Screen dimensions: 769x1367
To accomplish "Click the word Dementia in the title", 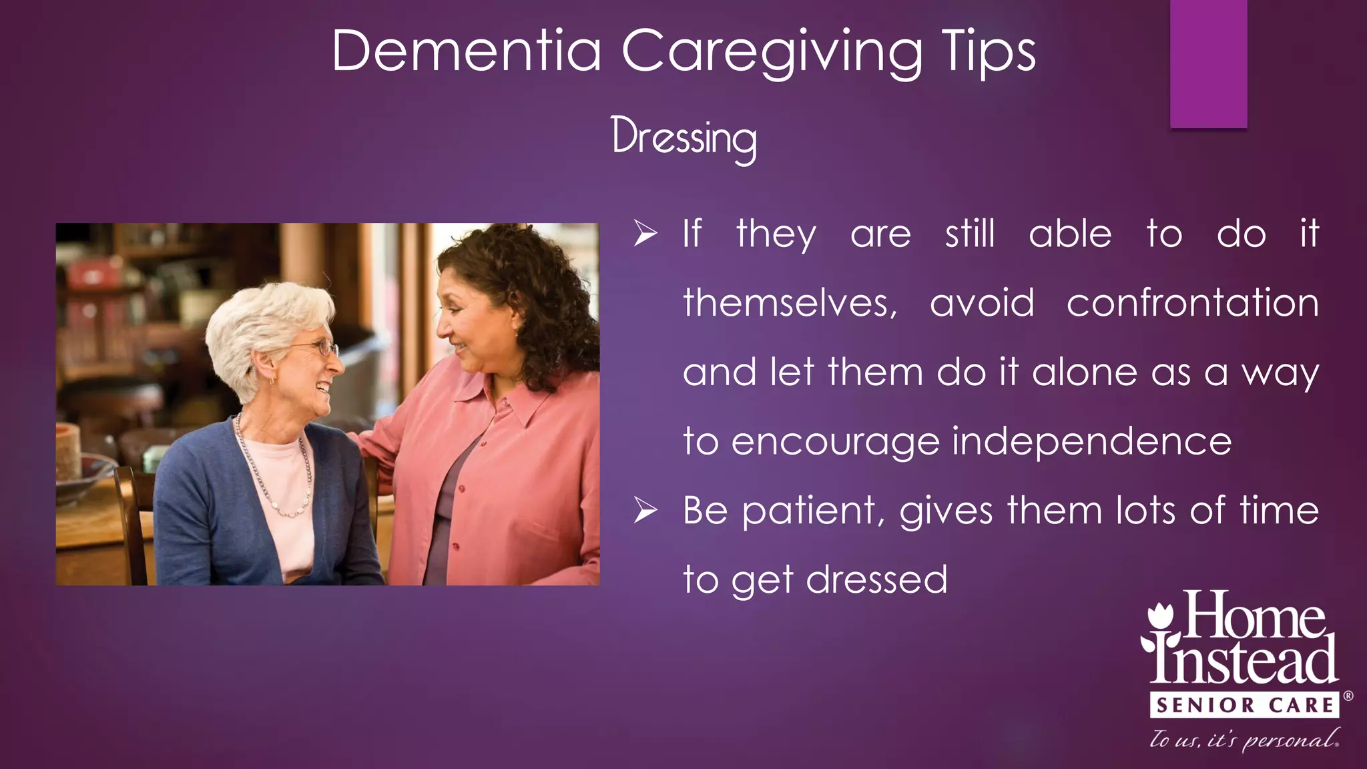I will pos(467,51).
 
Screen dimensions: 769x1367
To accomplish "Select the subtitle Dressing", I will pos(684,138).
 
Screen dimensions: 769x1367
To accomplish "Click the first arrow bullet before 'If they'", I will pos(645,234).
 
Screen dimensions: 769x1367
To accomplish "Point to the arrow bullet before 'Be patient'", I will pos(645,511).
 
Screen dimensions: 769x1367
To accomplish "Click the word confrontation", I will pos(1192,303).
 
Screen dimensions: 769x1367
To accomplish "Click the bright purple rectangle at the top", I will pos(1208,63).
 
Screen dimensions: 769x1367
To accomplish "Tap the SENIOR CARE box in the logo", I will pos(1244,705).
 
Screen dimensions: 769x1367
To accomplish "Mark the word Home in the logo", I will pos(1255,615).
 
